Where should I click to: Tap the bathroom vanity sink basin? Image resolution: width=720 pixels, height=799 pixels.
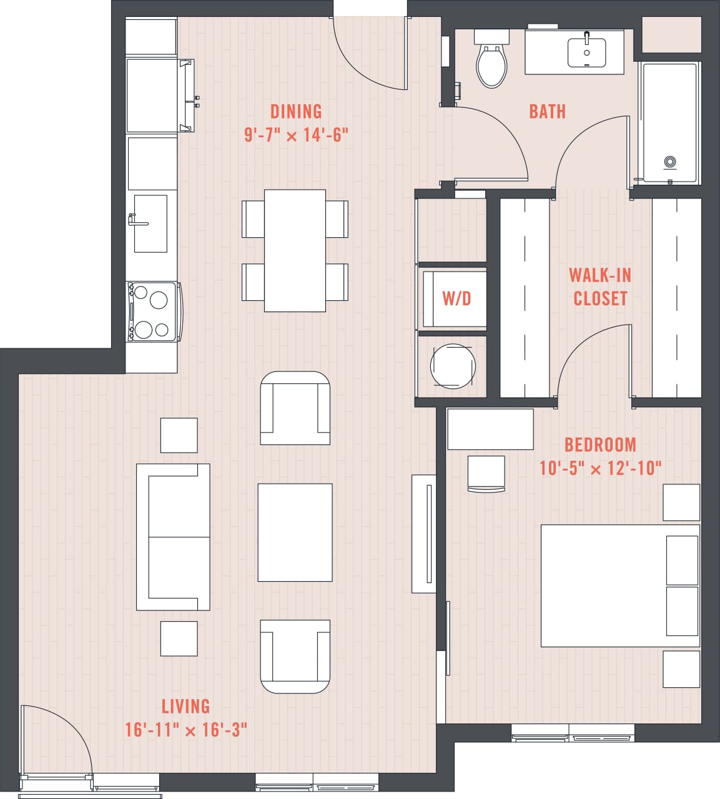click(586, 52)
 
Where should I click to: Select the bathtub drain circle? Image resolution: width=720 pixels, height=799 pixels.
click(669, 162)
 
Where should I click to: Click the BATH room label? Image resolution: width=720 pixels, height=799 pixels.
click(547, 112)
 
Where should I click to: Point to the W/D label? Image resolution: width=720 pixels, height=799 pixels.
click(456, 298)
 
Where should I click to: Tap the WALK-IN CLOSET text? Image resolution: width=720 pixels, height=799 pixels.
click(599, 287)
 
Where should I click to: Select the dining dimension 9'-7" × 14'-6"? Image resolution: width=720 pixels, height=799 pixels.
click(295, 134)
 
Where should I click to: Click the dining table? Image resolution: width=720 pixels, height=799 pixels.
click(295, 250)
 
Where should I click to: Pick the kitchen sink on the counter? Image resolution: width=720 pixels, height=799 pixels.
click(150, 223)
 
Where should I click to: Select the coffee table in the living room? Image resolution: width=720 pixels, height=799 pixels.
click(295, 532)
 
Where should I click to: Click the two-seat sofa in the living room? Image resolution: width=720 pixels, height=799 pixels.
click(173, 537)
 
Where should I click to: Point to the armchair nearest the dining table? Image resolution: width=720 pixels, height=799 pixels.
click(295, 408)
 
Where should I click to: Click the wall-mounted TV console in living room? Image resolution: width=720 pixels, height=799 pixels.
click(424, 534)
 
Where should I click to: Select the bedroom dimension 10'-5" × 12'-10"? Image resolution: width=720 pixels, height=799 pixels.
click(599, 468)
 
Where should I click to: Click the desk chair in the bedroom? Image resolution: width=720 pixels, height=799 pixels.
click(486, 474)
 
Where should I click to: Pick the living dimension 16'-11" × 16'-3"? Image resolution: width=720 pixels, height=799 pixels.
click(185, 729)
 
